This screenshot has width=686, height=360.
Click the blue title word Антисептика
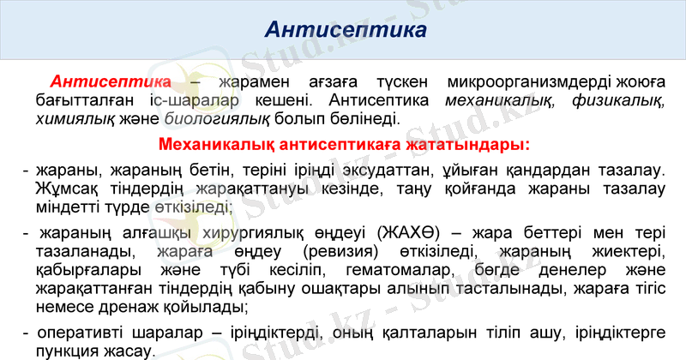(346, 31)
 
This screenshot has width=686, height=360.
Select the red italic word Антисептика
(111, 82)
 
